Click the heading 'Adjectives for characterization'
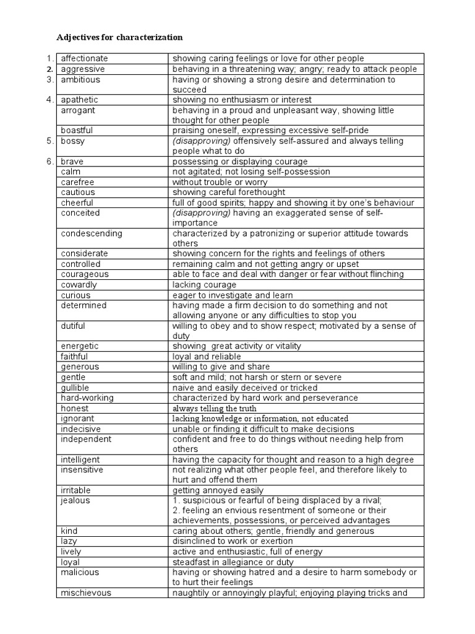click(119, 37)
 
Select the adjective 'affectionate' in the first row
click(84, 59)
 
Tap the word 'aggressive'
click(83, 69)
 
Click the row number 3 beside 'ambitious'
click(50, 79)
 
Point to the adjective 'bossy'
click(73, 141)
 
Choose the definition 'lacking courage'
click(204, 285)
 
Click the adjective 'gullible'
click(75, 388)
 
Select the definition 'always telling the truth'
click(214, 409)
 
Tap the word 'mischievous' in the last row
click(86, 593)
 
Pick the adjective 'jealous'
click(75, 500)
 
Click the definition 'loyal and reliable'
click(207, 357)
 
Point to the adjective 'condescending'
click(92, 233)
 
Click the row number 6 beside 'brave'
click(50, 161)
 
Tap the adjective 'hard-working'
click(87, 397)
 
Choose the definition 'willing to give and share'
click(220, 367)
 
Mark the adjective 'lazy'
click(70, 541)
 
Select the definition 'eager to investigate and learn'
click(233, 295)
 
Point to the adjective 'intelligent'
click(80, 459)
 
